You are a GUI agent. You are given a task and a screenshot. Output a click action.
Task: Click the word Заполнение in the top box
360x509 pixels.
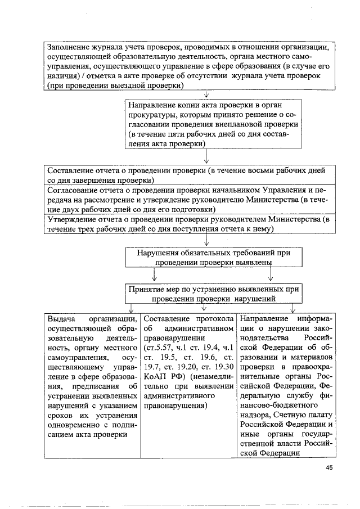coord(70,47)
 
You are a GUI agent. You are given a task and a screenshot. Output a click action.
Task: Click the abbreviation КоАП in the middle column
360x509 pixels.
coord(156,376)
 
